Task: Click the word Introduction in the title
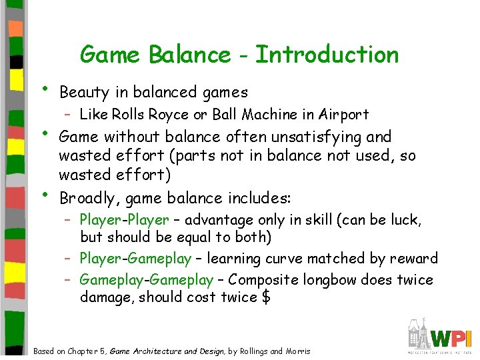point(327,54)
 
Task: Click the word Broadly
point(85,199)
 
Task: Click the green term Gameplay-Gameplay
point(146,280)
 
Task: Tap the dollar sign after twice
point(266,297)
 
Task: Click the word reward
point(415,259)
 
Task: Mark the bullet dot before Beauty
point(45,89)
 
